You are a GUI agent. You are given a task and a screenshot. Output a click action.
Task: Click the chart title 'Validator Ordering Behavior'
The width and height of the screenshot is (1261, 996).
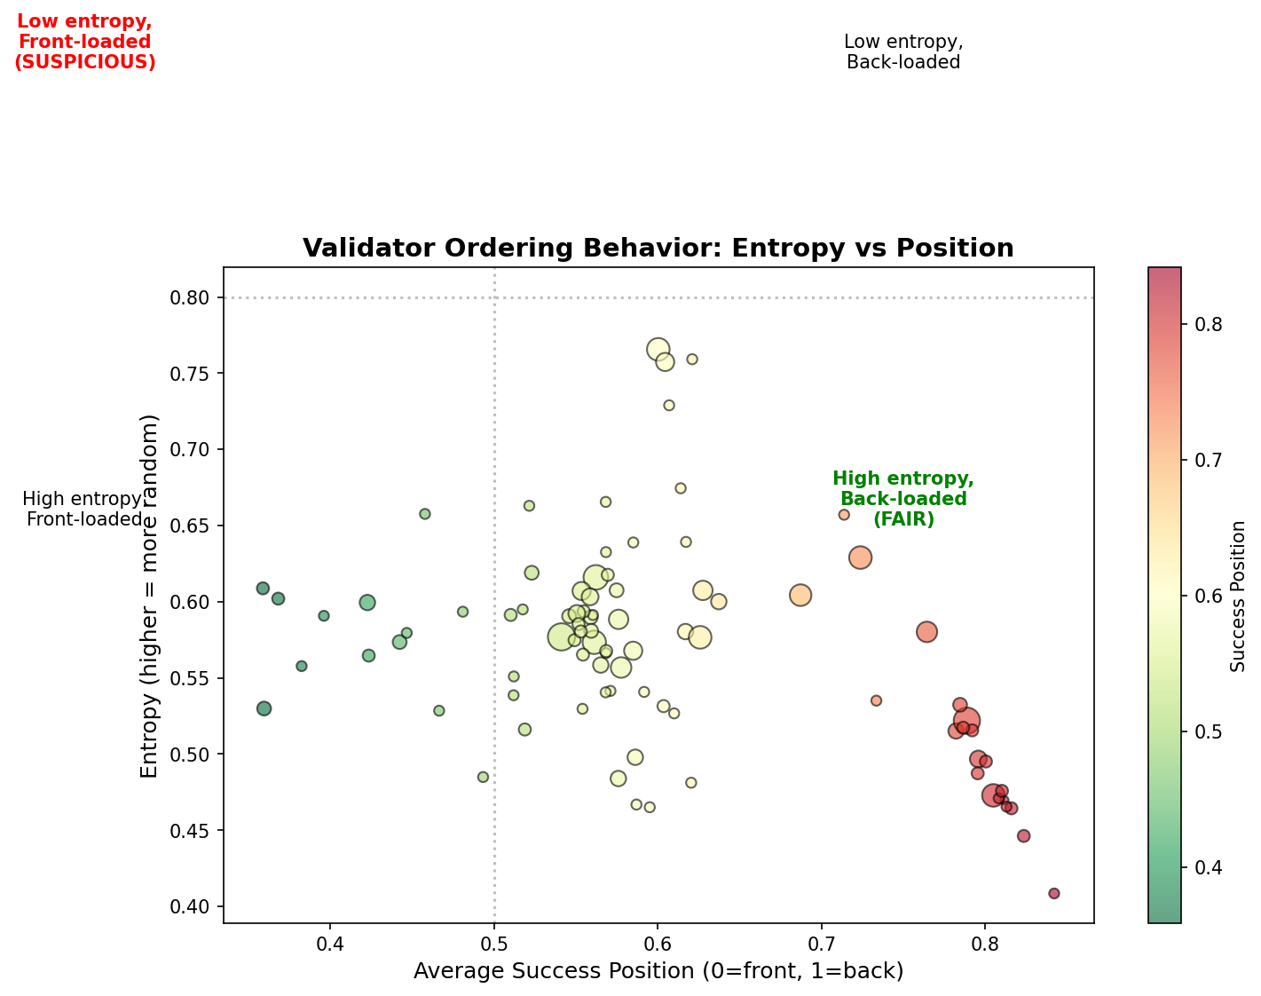[658, 249]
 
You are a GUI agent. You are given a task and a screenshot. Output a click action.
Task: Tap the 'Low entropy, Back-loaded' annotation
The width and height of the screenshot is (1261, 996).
[903, 51]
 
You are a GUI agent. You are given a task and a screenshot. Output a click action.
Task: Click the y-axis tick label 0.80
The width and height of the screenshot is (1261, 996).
[194, 297]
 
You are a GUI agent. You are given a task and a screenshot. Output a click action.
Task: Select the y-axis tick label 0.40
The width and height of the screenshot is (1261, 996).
[194, 907]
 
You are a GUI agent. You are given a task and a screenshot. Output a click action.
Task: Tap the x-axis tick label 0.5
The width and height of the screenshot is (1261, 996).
[494, 940]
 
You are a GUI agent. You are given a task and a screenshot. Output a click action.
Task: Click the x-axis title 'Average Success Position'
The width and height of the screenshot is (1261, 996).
[658, 971]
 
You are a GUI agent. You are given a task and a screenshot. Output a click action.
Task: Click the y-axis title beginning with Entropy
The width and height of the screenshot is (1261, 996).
[150, 595]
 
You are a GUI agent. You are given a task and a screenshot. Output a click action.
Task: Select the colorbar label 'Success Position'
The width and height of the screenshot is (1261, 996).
[1239, 596]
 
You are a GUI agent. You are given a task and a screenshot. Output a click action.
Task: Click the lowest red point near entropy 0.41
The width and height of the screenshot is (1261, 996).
[1054, 893]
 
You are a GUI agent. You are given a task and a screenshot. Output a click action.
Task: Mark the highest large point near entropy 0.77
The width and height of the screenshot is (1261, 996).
[658, 350]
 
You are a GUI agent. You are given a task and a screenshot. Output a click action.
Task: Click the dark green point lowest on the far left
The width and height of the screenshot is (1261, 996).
[264, 708]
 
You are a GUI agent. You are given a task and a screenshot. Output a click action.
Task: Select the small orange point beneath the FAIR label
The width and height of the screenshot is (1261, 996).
[844, 515]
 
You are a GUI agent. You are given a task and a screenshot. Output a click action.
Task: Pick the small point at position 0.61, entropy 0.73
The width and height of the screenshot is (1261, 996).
[669, 406]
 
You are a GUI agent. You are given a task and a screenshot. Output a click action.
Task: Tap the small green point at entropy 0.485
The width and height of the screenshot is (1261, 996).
[483, 777]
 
